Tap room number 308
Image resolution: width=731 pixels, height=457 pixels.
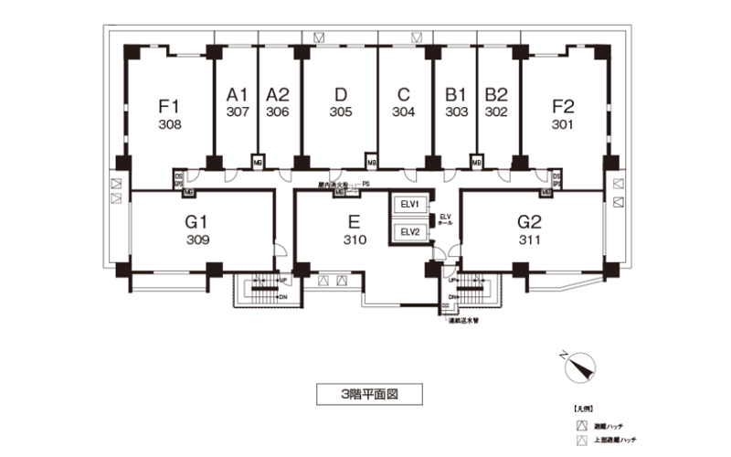click(x=170, y=124)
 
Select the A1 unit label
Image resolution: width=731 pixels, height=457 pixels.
click(x=238, y=94)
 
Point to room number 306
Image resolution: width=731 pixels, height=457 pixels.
click(x=278, y=112)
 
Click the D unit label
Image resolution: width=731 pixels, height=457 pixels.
click(x=341, y=94)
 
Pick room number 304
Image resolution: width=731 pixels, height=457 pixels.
click(x=404, y=112)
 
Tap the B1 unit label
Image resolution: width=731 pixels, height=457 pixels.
click(x=456, y=94)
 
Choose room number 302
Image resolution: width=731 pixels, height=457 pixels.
click(x=496, y=112)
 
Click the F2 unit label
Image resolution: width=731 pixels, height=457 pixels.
click(x=563, y=105)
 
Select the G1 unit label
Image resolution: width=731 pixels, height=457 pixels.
click(x=198, y=221)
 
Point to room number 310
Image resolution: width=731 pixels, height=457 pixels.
click(x=355, y=240)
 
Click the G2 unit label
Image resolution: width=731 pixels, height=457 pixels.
click(x=530, y=221)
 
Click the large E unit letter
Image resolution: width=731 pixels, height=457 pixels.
click(x=355, y=221)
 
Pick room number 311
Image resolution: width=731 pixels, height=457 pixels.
click(x=530, y=241)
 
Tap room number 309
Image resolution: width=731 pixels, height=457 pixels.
click(x=198, y=241)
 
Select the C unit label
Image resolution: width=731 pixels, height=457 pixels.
click(x=404, y=94)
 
